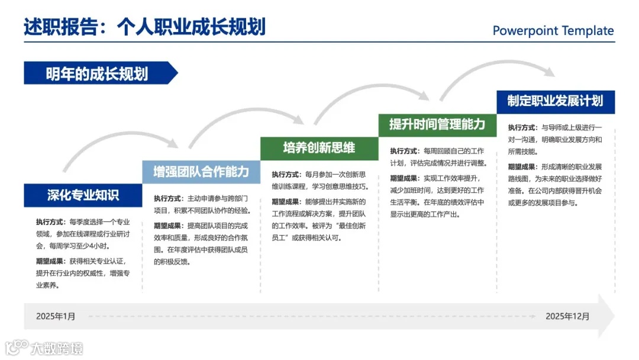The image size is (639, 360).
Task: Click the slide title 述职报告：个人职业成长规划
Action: pos(144,27)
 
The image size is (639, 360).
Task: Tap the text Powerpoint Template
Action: pos(553,31)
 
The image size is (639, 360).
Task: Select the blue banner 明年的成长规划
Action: pos(98,73)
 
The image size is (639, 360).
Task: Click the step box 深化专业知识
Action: pos(83,195)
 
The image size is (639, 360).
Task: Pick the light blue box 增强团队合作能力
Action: pos(201,172)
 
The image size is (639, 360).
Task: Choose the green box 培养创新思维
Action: pos(319,148)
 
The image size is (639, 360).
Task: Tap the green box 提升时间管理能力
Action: pos(437,124)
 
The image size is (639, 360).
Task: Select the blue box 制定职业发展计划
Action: pos(555,101)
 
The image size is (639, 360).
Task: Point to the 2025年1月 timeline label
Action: pos(56,316)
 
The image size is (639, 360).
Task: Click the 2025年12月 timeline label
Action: pos(567,316)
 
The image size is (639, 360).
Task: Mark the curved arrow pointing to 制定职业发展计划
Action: pos(497,74)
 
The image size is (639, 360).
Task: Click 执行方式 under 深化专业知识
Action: pos(49,222)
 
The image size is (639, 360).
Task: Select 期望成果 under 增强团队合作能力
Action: pos(168,226)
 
